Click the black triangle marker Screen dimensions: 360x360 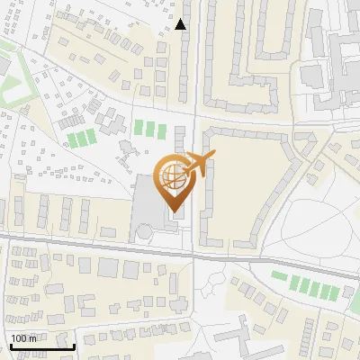click(181, 24)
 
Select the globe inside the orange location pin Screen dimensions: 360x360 click(172, 175)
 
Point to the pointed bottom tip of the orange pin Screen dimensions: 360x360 click(172, 211)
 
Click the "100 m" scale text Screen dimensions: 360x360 click(24, 338)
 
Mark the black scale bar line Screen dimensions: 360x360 click(41, 346)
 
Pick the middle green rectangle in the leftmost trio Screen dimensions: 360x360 click(82, 139)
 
